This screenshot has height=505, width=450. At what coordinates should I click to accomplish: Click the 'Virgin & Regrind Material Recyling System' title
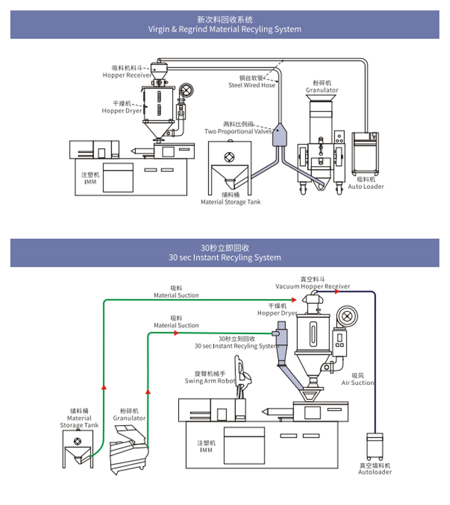coord(225,29)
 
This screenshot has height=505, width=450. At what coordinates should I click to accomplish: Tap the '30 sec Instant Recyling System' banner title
coord(225,257)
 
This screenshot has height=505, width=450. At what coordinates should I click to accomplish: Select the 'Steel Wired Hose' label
coord(251,85)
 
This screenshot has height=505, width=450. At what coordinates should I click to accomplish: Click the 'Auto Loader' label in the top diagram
coord(366,186)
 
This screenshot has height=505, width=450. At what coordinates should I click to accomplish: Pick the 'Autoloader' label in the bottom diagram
coord(375,472)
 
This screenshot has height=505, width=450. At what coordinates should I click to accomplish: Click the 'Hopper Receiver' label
coord(127,75)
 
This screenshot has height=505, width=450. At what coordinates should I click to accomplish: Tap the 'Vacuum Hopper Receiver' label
coord(313,287)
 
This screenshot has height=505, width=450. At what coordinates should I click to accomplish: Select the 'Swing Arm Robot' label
coord(210,381)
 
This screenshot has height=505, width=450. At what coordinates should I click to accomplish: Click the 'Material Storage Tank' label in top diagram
coord(230,202)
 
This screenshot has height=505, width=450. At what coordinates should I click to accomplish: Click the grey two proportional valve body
coord(280,136)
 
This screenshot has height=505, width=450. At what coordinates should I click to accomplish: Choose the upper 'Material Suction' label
coord(176,295)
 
